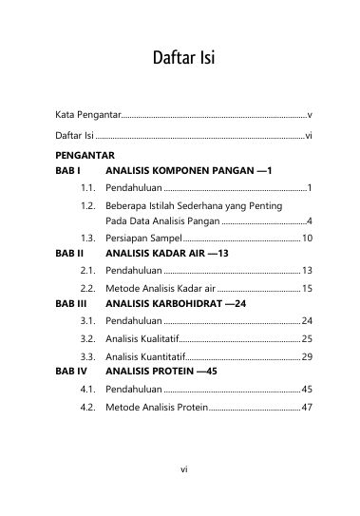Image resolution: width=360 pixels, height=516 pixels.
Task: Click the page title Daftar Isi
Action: coord(180,60)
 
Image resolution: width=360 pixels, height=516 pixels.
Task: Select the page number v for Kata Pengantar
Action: coord(311,113)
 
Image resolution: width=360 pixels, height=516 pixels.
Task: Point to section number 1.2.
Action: coord(91,205)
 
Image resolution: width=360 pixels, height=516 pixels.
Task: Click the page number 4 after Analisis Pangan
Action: coord(311,220)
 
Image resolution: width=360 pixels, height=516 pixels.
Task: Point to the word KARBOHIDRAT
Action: coord(193,304)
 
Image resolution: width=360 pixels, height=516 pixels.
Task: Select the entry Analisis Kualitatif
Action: coord(142,338)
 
